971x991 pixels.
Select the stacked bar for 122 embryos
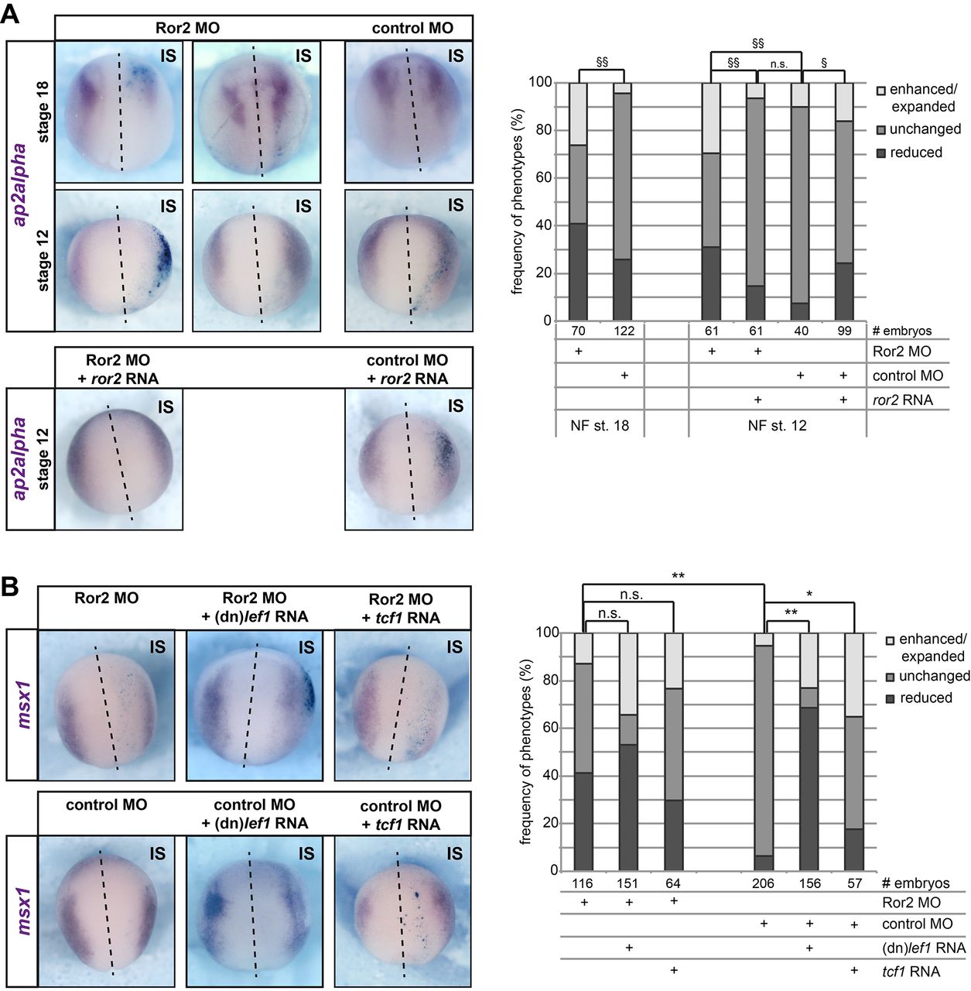click(x=623, y=201)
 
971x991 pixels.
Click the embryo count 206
click(x=763, y=883)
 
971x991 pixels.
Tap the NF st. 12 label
click(x=777, y=425)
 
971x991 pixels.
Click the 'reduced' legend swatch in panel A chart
click(x=880, y=153)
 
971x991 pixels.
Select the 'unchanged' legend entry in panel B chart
click(x=891, y=677)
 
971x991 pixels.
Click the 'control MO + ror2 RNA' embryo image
click(x=408, y=458)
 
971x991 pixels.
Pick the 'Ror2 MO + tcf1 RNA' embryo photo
click(x=402, y=705)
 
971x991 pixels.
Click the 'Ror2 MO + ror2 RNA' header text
click(x=118, y=369)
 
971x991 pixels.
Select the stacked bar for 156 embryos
click(x=809, y=751)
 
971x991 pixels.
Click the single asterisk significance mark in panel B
click(x=809, y=594)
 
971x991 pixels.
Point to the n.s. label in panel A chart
click(x=778, y=64)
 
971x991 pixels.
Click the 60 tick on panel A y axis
click(x=542, y=178)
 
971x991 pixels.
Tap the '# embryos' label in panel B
click(x=915, y=883)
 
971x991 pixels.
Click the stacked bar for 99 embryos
click(x=845, y=201)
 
